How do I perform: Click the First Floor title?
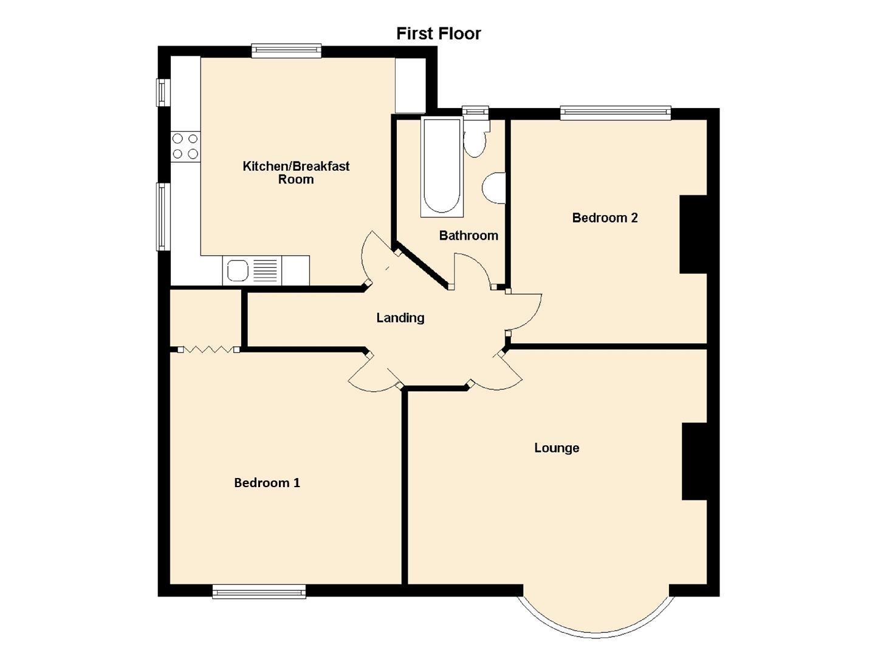(x=439, y=33)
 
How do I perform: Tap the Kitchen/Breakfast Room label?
(x=296, y=173)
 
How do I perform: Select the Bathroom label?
(x=468, y=236)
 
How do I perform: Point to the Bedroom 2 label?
(x=605, y=217)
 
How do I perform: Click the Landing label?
(x=400, y=318)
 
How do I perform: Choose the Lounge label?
(x=557, y=448)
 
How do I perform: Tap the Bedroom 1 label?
(x=267, y=483)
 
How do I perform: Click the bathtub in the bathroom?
(x=442, y=166)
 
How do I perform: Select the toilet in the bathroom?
(x=475, y=138)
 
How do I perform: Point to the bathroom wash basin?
(x=494, y=188)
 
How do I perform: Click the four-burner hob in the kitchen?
(x=185, y=146)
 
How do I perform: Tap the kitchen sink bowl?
(x=238, y=270)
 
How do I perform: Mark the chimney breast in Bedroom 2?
(x=693, y=234)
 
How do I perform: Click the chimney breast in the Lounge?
(x=695, y=461)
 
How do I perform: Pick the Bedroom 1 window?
(x=259, y=592)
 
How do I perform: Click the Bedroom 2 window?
(x=616, y=113)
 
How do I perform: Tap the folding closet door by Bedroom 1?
(x=208, y=349)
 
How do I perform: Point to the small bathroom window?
(x=475, y=111)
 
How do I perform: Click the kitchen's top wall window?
(x=286, y=50)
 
